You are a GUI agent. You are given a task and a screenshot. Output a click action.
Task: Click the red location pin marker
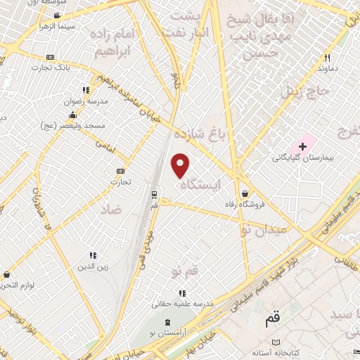tap(181, 165)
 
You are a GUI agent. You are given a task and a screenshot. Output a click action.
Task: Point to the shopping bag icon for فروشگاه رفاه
tap(244, 193)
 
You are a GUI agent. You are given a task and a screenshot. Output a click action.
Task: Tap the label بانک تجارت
tap(77, 67)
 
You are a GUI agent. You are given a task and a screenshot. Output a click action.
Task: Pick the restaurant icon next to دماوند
tap(327, 58)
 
